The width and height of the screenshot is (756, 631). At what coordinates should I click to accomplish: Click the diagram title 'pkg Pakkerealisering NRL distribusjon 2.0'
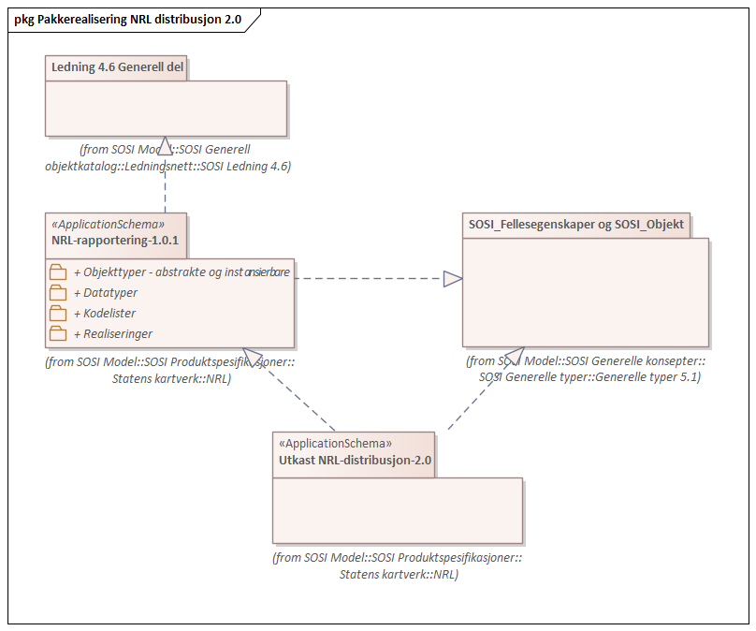click(128, 19)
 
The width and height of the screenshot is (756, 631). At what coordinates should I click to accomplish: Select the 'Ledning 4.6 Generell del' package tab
click(116, 67)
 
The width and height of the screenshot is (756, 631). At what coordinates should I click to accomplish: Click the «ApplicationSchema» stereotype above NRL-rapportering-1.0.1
click(108, 225)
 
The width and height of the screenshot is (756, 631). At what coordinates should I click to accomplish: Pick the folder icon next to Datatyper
click(58, 293)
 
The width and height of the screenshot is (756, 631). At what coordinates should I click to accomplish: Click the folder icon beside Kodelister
click(58, 314)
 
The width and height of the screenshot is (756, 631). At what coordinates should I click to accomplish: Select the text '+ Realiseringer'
click(112, 333)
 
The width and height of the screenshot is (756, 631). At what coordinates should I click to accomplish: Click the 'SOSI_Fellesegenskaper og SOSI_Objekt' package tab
click(575, 225)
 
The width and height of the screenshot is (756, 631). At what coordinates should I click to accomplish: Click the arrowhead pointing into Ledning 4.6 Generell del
click(165, 145)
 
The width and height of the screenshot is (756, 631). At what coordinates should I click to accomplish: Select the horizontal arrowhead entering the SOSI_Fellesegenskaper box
click(453, 278)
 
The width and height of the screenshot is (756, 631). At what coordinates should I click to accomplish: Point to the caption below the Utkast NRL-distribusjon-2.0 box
click(397, 565)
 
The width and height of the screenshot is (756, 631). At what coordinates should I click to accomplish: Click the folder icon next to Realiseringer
click(58, 333)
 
